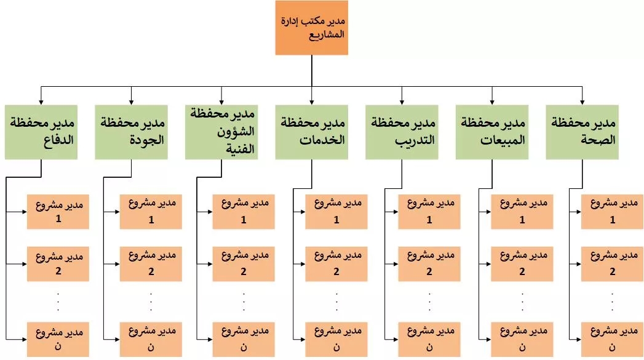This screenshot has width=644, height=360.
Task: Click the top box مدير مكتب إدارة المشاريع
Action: click(x=312, y=28)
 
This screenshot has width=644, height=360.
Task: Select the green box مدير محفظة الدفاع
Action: click(x=41, y=132)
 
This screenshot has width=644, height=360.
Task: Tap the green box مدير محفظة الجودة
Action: click(x=132, y=132)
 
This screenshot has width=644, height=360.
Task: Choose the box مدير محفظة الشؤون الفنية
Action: click(x=221, y=132)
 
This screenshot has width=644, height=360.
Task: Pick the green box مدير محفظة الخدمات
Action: click(x=312, y=132)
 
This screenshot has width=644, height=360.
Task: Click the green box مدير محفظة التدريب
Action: click(x=402, y=132)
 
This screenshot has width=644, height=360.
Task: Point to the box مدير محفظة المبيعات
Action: click(x=492, y=132)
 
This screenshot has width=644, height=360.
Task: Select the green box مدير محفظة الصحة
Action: click(x=582, y=132)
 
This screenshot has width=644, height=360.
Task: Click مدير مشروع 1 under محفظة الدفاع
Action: click(x=58, y=212)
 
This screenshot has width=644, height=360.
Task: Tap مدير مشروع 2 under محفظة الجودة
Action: click(x=151, y=264)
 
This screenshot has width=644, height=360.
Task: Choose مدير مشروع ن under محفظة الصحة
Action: click(x=613, y=340)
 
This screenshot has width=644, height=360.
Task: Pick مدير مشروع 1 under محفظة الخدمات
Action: click(x=336, y=212)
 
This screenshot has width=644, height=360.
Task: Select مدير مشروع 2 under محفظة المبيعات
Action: click(x=522, y=264)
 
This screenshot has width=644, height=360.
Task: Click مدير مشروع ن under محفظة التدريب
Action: click(x=429, y=340)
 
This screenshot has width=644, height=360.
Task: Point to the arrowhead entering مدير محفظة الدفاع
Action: click(x=41, y=102)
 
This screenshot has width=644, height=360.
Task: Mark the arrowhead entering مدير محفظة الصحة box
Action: click(x=582, y=102)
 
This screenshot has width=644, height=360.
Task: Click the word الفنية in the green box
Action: click(x=241, y=149)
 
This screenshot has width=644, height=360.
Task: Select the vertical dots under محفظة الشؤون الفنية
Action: click(x=244, y=302)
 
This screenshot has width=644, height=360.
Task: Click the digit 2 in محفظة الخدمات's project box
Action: click(x=336, y=271)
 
